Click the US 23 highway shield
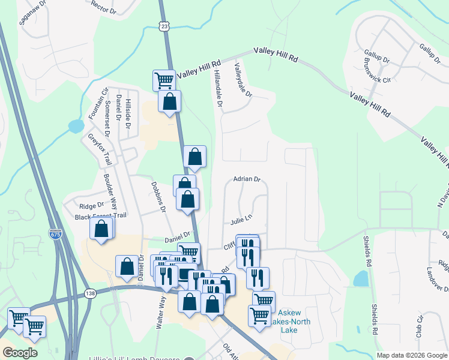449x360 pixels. [165, 26]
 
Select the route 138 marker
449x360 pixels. [91, 293]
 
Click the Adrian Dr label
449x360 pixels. [247, 179]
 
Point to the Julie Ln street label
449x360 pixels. [240, 221]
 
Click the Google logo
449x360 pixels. [20, 353]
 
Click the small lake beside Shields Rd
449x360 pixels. [361, 278]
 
